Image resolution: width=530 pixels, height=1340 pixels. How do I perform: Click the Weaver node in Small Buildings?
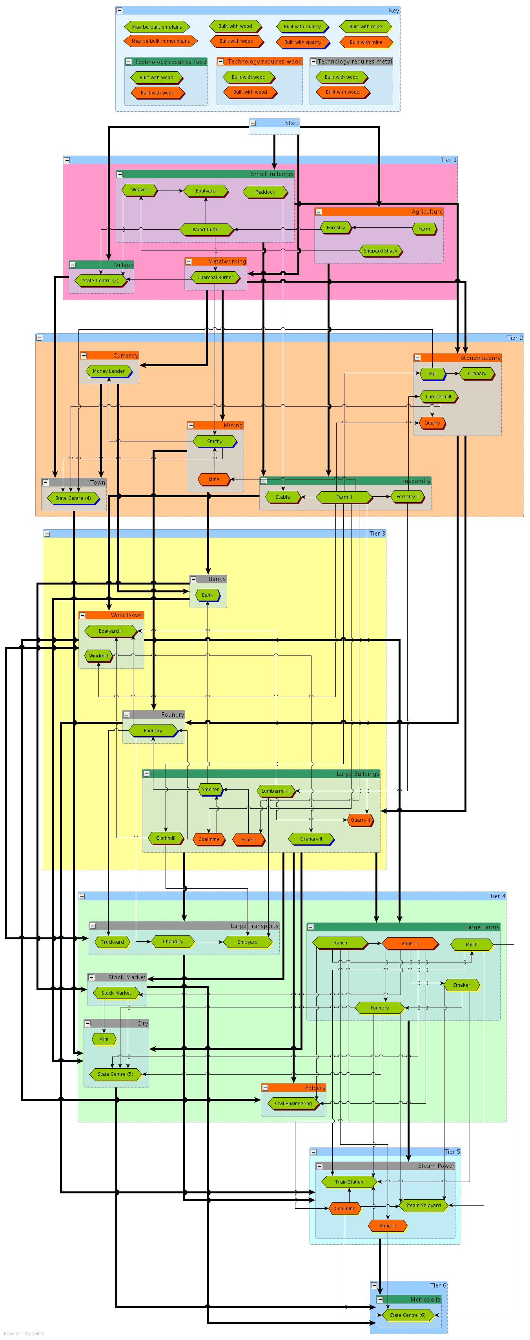[x=139, y=190]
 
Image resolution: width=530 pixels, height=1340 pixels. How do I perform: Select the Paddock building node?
[x=265, y=192]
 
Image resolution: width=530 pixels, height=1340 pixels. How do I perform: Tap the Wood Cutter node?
[x=206, y=229]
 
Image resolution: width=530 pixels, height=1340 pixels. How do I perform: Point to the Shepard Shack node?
[x=380, y=251]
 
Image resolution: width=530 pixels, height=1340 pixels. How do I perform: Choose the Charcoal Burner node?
[x=215, y=277]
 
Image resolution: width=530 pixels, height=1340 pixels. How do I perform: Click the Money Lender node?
[x=109, y=371]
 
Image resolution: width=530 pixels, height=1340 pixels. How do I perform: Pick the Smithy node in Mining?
[x=215, y=441]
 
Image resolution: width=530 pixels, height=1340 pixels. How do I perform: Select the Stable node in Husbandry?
[x=283, y=497]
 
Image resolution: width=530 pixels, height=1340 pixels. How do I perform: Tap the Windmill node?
[x=98, y=655]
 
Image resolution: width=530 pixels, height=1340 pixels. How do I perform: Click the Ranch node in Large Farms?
[x=340, y=942]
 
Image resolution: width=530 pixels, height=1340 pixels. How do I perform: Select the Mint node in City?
[x=104, y=1039]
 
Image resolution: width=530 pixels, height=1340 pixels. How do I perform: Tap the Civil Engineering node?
[x=293, y=1103]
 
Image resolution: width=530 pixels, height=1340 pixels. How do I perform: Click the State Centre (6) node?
[x=408, y=1315]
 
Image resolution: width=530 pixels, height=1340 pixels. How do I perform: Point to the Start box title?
[x=291, y=123]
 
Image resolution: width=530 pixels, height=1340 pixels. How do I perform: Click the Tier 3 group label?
[x=377, y=533]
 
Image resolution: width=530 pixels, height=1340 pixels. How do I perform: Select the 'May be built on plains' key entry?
[x=157, y=27]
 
